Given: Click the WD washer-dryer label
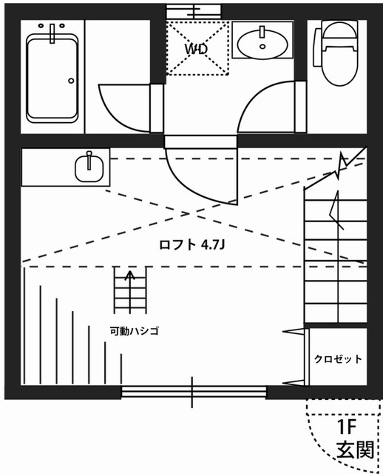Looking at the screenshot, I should point(196,49).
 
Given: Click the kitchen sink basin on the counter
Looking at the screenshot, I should point(89,167).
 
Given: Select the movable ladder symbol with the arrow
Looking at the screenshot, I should point(130,290).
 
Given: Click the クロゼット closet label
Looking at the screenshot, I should point(338,359).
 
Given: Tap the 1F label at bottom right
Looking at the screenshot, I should point(348,427).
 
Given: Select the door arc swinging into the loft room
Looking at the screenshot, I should point(198,178).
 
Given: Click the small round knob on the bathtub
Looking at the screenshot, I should point(72,80).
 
